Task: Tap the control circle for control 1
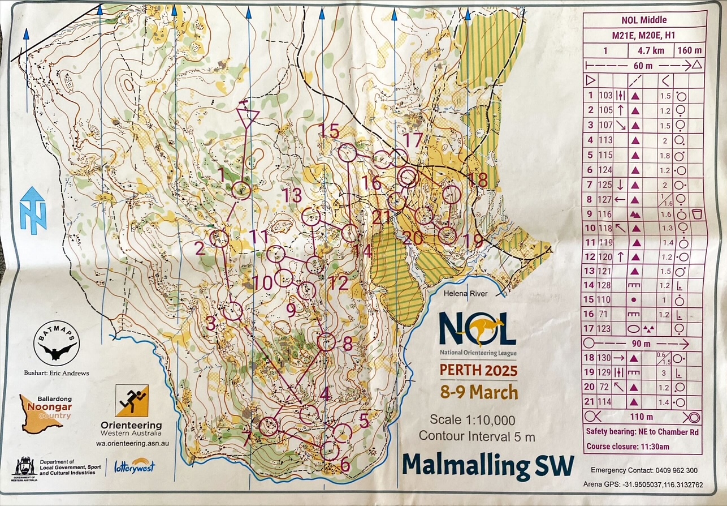(242, 191)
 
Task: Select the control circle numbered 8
(326, 342)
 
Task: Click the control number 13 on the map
(293, 196)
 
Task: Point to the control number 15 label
(328, 132)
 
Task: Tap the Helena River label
(466, 293)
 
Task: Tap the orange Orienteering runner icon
(132, 401)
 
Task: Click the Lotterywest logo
(135, 466)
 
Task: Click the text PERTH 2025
(478, 371)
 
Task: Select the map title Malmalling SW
(488, 465)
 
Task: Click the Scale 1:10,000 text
(472, 420)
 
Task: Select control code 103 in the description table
(605, 96)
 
